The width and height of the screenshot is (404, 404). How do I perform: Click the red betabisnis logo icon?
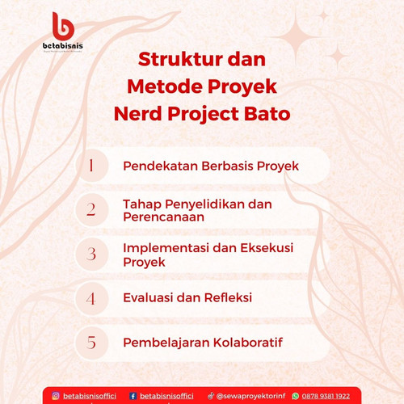click(63, 26)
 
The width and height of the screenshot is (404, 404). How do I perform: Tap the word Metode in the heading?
click(165, 86)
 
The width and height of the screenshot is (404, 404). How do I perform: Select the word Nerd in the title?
click(137, 113)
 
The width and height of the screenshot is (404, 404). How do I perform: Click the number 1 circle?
click(92, 166)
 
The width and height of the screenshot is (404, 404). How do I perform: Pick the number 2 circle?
click(92, 209)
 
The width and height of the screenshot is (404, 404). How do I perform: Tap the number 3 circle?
click(92, 254)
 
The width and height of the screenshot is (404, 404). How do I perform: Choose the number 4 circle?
click(92, 298)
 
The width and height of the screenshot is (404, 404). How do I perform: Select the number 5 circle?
click(92, 343)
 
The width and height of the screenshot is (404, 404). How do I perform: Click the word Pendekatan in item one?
click(161, 166)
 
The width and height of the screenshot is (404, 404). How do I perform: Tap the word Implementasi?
click(166, 248)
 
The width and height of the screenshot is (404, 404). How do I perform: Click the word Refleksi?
click(228, 297)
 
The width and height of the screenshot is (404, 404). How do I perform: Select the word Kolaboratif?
click(248, 343)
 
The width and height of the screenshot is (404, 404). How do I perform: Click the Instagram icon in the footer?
click(56, 396)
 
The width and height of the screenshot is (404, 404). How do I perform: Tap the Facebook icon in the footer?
click(133, 396)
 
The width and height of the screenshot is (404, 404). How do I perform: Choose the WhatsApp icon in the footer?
click(296, 396)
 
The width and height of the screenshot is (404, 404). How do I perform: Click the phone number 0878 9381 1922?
click(326, 396)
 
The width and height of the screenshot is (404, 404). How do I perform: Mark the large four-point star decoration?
click(296, 37)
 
